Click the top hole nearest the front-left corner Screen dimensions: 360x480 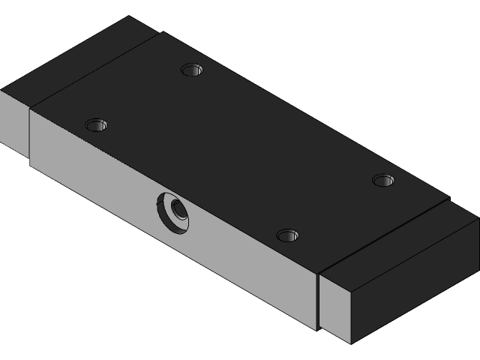96,124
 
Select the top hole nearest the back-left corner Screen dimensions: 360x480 192,70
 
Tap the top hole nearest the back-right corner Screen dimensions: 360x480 383,180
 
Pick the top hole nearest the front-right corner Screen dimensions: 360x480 287,235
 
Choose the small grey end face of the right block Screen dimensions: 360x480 336,307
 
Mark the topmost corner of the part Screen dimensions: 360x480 129,16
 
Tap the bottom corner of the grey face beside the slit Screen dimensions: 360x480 313,328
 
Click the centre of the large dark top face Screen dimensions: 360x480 240,150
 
